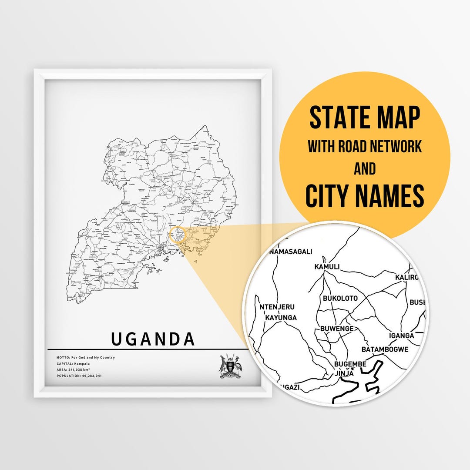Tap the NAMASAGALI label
pos(291,252)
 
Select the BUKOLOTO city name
pos(340,299)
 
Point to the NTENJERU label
pos(277,307)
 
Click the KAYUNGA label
pos(281,318)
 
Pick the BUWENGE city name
pos(337,329)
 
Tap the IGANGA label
pos(401,336)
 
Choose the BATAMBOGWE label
pos(385,349)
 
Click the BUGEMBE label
pos(350,364)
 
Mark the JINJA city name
pos(344,373)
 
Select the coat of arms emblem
pos(231,366)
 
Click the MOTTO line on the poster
pos(86,357)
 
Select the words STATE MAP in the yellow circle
pos(365,117)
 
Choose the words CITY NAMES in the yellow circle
pos(365,196)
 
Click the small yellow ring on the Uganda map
pos(178,234)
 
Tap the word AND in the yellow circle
pos(365,168)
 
